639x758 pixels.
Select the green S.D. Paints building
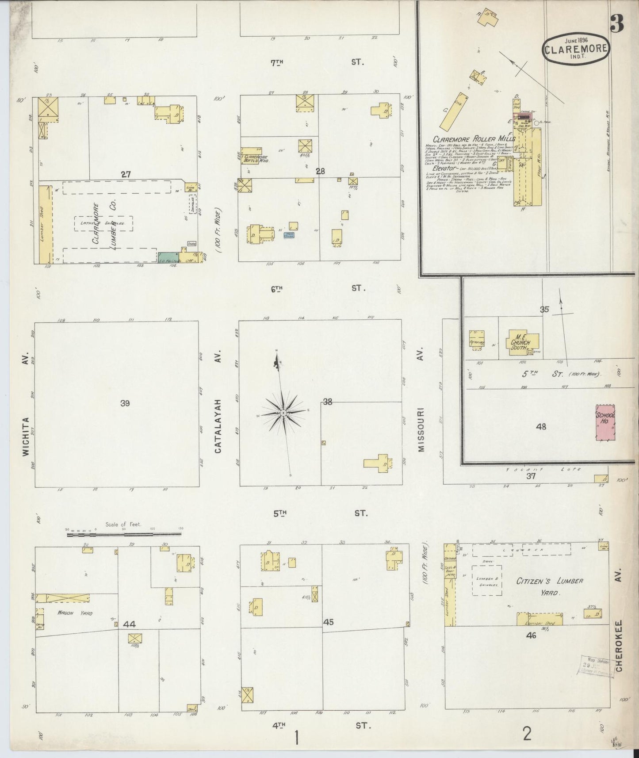pos(168,258)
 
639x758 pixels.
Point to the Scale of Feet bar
pos(124,535)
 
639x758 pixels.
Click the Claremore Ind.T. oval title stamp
pos(575,49)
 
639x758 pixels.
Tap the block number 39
pos(125,403)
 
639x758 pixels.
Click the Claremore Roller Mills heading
pos(474,139)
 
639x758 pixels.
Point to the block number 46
pos(531,635)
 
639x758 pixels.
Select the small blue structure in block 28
pos(290,235)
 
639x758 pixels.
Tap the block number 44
pos(129,624)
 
